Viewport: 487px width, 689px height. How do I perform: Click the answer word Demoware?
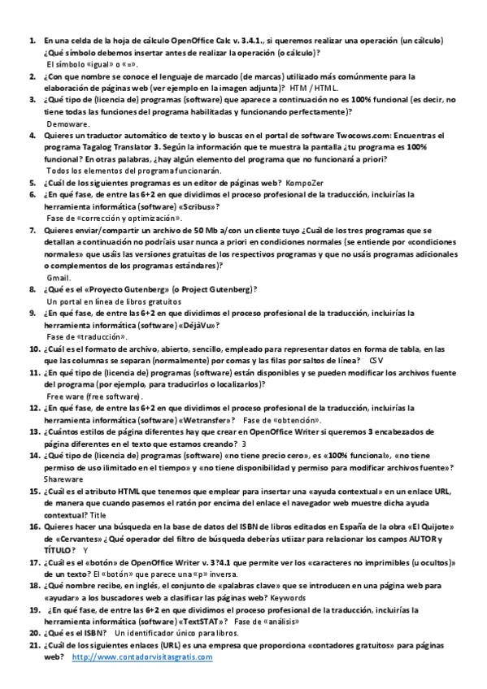coord(68,123)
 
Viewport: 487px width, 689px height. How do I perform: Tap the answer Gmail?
coord(59,277)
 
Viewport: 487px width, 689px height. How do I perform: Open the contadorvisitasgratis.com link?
coord(142,657)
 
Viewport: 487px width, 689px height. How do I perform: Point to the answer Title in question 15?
coord(98,514)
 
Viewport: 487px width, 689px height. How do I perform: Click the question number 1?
coord(32,40)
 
